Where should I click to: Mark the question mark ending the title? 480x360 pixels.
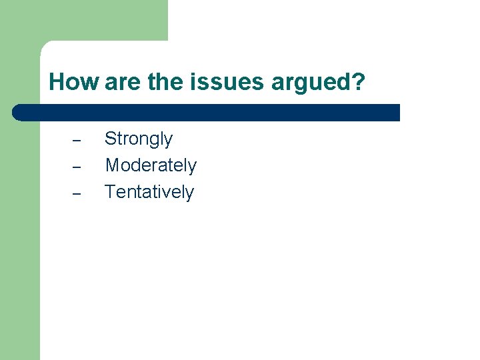tap(359, 83)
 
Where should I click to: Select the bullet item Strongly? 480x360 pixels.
tap(139, 139)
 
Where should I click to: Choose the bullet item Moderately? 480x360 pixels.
tap(151, 165)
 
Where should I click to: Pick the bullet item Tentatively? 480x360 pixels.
tap(149, 192)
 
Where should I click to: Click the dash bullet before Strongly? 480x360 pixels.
tap(76, 141)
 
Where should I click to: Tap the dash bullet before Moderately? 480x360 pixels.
tap(76, 167)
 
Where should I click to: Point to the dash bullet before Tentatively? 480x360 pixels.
tap(76, 194)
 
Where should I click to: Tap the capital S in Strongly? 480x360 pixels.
tap(111, 139)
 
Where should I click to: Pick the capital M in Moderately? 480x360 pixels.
tap(112, 165)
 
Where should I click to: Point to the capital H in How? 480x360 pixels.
tap(56, 83)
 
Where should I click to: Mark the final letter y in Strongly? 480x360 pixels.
tap(169, 141)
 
